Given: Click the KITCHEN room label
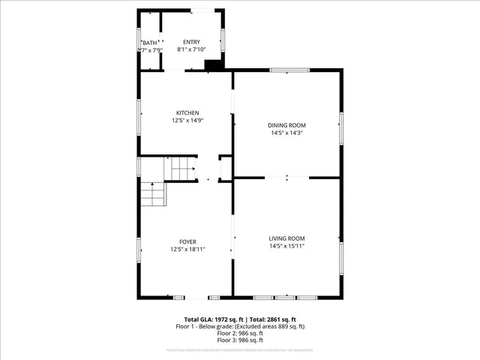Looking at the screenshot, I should tap(187, 112).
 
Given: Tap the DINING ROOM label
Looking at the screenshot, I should tap(287, 125).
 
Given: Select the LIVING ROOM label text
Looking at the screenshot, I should tap(287, 238).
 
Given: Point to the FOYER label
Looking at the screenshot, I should tap(187, 241).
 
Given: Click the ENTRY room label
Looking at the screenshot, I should tap(192, 41).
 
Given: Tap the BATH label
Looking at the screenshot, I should tap(150, 43).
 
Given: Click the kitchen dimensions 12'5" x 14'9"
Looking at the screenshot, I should tap(187, 120).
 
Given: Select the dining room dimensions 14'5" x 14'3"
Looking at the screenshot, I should tap(287, 133).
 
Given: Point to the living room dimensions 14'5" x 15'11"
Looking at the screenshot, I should tap(287, 246).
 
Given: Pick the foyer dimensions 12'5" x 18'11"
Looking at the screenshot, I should tap(187, 249).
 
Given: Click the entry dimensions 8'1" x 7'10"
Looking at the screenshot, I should tap(192, 49).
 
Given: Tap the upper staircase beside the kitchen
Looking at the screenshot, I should tap(183, 169).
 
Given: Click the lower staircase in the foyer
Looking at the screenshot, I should tap(152, 194).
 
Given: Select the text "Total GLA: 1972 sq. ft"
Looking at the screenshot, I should tap(206, 319).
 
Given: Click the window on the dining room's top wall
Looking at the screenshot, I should tap(289, 70).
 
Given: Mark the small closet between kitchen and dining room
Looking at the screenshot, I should tap(225, 169).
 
